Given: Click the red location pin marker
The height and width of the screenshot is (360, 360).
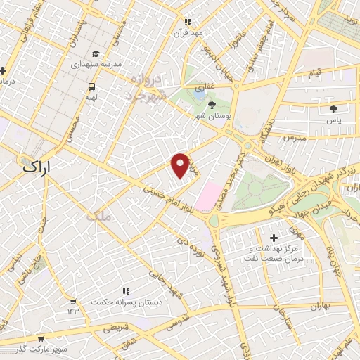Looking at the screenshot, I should point(181,165).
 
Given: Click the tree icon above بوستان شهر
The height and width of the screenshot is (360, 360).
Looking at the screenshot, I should point(202,105).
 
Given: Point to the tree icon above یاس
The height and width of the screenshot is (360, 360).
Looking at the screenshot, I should point(333,109).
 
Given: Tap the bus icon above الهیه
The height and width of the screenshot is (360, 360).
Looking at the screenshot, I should point(91,87).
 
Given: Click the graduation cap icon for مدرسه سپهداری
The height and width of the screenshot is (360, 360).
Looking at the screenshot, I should point(96,53).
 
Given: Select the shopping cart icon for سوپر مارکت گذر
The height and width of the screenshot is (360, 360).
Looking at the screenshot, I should point(41,338).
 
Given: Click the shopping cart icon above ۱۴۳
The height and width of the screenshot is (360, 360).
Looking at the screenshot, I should point(72,300).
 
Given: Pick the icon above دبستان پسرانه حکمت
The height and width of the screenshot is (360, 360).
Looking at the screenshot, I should point(126,290).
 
